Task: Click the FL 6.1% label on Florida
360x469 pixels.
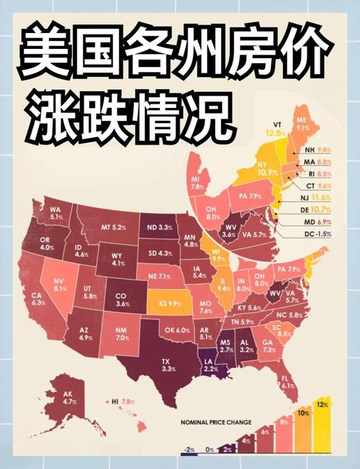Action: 288,381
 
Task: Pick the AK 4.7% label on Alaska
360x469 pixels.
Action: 70,398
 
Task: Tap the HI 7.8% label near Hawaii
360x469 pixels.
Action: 123,401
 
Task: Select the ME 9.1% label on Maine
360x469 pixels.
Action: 302,124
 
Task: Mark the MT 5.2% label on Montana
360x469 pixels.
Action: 114,228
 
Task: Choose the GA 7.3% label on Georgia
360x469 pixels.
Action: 268,347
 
